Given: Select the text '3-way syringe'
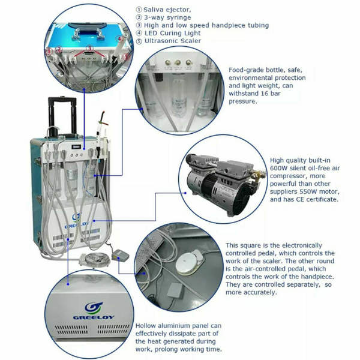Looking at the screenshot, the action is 167,17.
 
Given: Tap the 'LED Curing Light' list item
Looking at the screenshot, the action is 172,33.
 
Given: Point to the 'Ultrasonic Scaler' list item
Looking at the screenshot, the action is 173,41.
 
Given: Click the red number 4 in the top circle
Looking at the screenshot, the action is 119,38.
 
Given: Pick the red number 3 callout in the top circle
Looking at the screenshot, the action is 90,48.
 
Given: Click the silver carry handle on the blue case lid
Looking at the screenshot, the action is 88,34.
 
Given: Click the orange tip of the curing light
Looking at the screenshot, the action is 104,118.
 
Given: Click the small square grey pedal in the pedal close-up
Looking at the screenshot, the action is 175,291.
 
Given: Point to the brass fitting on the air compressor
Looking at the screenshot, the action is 258,175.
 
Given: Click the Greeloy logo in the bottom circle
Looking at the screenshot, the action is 94,311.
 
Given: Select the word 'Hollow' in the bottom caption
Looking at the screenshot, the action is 146,326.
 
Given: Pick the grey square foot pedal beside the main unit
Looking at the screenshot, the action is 119,256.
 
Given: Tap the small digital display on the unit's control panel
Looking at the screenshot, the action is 76,146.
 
